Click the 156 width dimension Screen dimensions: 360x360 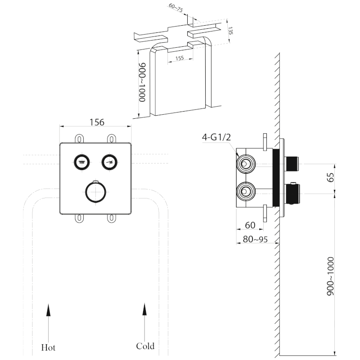(97, 122)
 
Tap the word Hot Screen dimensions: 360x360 (48, 347)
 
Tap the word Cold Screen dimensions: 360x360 (145, 346)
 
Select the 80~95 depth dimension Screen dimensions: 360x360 (255, 239)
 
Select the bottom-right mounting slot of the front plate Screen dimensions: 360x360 (110, 218)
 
